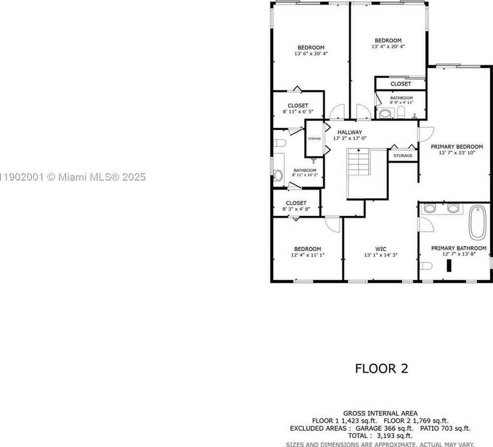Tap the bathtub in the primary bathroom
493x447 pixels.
coord(477,223)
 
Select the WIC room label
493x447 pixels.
coord(381,249)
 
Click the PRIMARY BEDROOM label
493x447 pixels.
coord(457,147)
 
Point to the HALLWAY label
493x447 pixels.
coord(350,132)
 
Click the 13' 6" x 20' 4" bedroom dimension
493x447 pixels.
coord(311,54)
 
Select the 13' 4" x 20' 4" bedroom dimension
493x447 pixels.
coord(387,47)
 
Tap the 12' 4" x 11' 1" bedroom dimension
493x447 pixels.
coord(308,255)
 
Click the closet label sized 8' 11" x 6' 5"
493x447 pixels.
coord(298,106)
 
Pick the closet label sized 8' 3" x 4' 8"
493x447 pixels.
coord(296,203)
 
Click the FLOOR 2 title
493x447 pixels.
coord(382,368)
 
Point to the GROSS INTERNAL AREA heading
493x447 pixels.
coord(380,413)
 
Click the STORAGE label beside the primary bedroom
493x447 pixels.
coord(403,156)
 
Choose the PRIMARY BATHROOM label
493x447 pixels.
coord(458,248)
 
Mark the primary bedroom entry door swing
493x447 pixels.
coord(425,134)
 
